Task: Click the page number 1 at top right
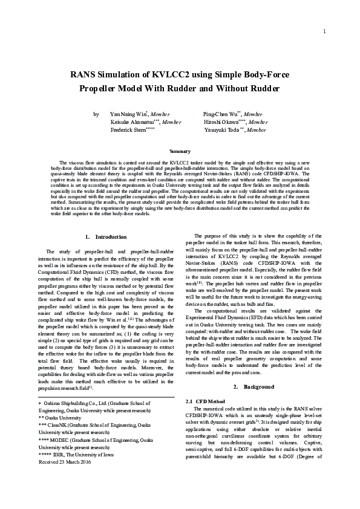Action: [325, 31]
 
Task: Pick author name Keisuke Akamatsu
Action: [131, 122]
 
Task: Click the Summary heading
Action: [180, 151]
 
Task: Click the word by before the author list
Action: [96, 114]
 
